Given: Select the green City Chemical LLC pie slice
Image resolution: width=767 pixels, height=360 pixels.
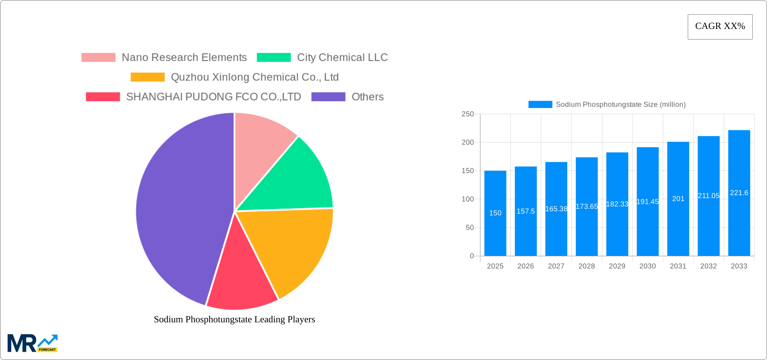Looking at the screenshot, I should tap(289, 182).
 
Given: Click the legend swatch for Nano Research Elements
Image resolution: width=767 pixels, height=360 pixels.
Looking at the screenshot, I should tap(98, 58).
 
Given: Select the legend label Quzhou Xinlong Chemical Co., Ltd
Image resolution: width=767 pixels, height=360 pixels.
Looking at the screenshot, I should tap(254, 77).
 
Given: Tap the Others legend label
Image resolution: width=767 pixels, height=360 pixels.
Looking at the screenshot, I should tap(367, 97).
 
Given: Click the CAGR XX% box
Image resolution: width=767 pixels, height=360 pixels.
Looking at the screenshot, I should tap(720, 27).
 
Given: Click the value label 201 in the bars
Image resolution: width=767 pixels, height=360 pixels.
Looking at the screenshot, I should tap(678, 199).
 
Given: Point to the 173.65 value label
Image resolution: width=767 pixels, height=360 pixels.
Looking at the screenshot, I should tap(587, 207).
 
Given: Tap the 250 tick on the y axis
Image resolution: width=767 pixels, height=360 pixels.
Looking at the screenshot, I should tap(467, 114).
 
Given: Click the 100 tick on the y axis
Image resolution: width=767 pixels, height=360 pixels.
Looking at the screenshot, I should tap(467, 199).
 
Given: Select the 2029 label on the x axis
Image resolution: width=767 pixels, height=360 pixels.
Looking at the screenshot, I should tap(617, 266).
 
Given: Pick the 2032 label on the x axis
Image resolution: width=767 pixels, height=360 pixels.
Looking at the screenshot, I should tap(708, 266).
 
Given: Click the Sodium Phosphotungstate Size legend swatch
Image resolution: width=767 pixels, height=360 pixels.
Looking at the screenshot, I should tap(540, 105).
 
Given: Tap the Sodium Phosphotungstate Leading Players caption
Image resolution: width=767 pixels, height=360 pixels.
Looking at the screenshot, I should tap(234, 319).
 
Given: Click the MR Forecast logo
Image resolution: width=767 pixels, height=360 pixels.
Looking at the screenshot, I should tap(32, 343).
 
